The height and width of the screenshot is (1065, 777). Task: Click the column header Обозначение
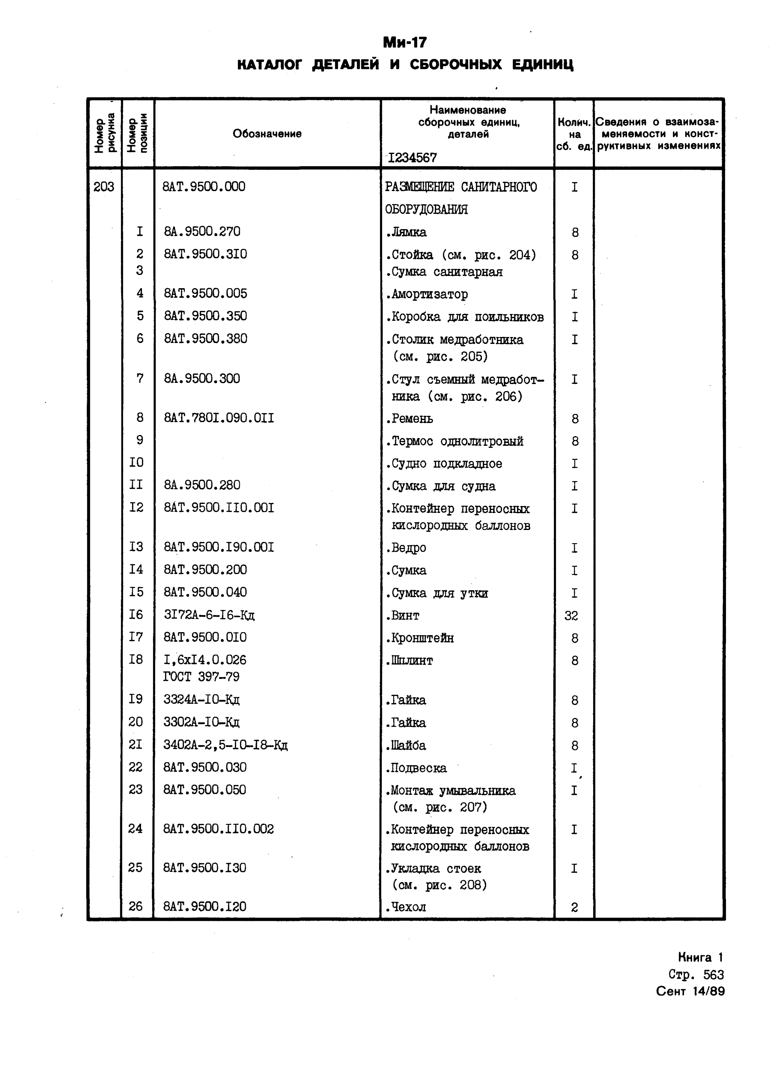267,134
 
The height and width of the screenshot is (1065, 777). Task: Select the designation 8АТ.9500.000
204,187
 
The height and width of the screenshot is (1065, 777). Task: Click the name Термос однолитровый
454,441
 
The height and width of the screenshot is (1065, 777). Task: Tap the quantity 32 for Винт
571,616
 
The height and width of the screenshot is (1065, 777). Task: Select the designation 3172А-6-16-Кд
209,615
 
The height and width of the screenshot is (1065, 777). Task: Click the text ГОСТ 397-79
201,677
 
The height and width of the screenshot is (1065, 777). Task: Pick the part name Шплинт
409,660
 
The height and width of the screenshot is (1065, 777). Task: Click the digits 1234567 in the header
412,158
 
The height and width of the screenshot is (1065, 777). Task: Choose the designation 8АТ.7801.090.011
219,418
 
